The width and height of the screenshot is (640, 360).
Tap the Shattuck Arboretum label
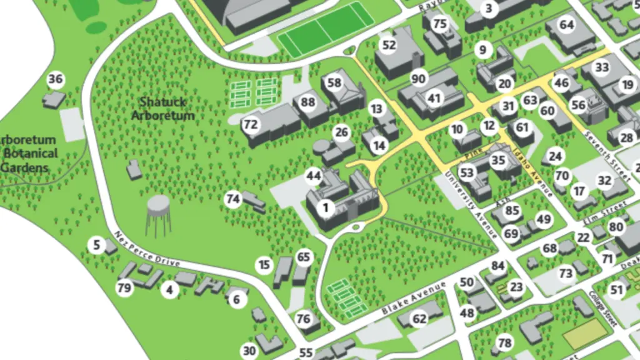tap(163, 108)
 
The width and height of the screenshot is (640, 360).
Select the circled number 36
tap(56, 79)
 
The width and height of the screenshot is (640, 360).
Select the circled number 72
tap(251, 124)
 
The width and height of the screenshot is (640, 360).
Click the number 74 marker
tap(233, 199)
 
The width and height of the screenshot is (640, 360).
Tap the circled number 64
tap(566, 25)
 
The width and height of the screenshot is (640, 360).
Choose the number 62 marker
tap(419, 319)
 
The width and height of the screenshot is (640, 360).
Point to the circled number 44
tap(313, 176)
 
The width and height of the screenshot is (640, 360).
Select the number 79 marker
tap(124, 288)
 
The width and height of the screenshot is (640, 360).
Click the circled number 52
tap(389, 45)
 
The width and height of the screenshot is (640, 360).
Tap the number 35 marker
tap(497, 160)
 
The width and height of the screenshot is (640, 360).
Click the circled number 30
tap(249, 351)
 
